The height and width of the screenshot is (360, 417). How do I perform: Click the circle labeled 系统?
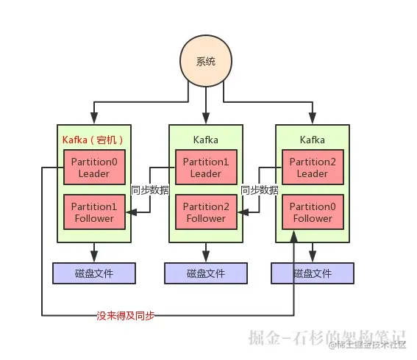click(x=206, y=61)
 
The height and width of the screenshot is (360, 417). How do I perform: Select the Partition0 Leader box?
click(x=94, y=167)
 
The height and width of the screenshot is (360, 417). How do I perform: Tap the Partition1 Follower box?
click(x=94, y=212)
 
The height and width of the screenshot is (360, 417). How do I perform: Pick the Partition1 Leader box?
click(x=206, y=167)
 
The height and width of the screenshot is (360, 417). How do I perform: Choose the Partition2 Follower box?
click(x=206, y=212)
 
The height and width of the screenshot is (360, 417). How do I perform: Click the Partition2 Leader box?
click(x=313, y=167)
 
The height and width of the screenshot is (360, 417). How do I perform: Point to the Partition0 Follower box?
click(x=313, y=212)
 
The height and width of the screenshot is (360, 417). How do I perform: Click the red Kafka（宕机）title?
click(x=93, y=140)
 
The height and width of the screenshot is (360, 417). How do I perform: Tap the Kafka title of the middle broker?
click(x=206, y=140)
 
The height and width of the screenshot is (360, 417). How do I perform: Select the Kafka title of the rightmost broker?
click(x=313, y=140)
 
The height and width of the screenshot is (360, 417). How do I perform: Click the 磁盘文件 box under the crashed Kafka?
click(x=94, y=273)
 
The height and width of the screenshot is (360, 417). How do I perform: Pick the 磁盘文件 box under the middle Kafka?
click(x=206, y=273)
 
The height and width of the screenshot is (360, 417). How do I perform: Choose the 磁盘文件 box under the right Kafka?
click(x=313, y=273)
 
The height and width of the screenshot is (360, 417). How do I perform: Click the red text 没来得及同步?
click(x=126, y=316)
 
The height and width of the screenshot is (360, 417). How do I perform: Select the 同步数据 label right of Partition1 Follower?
click(x=150, y=190)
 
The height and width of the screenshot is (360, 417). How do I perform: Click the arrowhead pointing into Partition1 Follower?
click(x=132, y=212)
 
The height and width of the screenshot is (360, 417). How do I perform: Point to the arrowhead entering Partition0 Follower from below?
click(x=294, y=237)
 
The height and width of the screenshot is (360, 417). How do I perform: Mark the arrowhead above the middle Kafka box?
click(x=206, y=118)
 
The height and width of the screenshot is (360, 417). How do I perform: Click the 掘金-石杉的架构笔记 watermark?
click(x=327, y=337)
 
